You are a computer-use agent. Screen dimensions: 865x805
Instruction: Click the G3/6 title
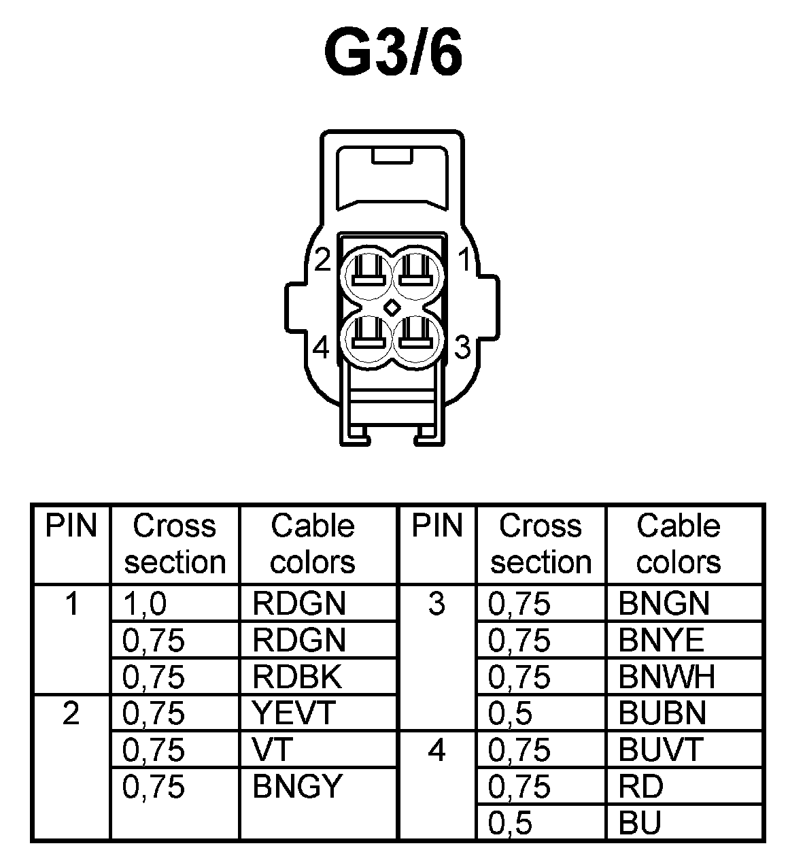pos(394,52)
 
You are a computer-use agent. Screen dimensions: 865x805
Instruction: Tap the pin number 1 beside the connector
pos(465,260)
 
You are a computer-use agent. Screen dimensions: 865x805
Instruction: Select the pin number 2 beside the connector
pos(322,260)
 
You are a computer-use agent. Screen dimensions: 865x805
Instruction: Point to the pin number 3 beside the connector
pos(462,347)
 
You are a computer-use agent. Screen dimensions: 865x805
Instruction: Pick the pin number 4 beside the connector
pos(322,348)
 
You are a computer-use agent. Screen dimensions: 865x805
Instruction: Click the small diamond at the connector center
pos(392,307)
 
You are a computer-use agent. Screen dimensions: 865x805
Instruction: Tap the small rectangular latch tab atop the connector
pos(391,156)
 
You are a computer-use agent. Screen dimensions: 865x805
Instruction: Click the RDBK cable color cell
pos(297,677)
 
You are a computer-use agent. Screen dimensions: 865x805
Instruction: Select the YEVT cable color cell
pos(294,713)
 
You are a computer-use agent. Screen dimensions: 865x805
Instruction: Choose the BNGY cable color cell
pos(296,787)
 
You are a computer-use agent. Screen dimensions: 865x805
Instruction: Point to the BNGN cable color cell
pos(664,603)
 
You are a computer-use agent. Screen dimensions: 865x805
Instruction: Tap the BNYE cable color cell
pos(662,640)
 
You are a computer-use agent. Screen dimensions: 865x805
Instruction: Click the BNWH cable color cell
pos(667,677)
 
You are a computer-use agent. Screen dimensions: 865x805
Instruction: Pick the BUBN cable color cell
pos(663,713)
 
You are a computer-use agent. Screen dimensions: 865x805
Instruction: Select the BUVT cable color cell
pos(660,750)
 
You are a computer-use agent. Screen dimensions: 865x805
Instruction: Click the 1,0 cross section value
pos(144,603)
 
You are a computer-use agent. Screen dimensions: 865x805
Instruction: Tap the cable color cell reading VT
pos(272,750)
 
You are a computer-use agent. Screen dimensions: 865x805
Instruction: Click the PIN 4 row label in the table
pos(436,751)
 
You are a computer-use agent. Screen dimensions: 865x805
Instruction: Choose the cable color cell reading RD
pos(640,787)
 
